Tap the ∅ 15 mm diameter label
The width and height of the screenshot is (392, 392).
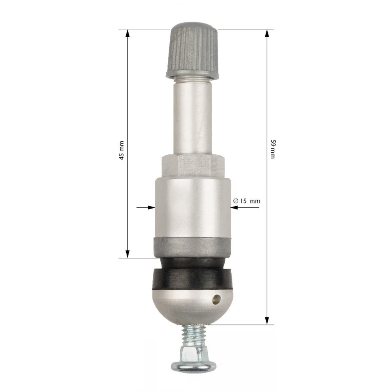[x=247, y=201]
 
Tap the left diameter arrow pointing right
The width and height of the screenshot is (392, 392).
[x=151, y=207]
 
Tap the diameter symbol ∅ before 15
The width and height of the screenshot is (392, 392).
[x=236, y=201]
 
